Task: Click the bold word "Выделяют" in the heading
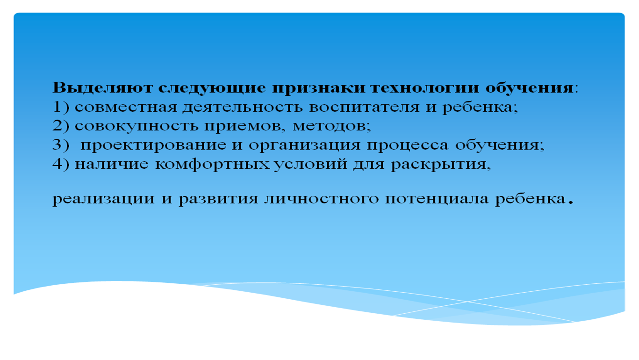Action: click(103, 87)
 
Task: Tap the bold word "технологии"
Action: click(425, 88)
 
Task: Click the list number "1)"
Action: click(61, 107)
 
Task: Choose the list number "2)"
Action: click(61, 126)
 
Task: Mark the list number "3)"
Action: click(61, 144)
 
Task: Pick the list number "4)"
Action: click(61, 164)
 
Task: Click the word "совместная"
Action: click(126, 108)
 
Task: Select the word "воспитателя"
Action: click(364, 108)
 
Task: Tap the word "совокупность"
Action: click(136, 127)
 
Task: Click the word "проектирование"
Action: click(153, 146)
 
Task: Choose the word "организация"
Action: click(304, 146)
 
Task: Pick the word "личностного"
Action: click(322, 199)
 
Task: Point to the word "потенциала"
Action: click(437, 199)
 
